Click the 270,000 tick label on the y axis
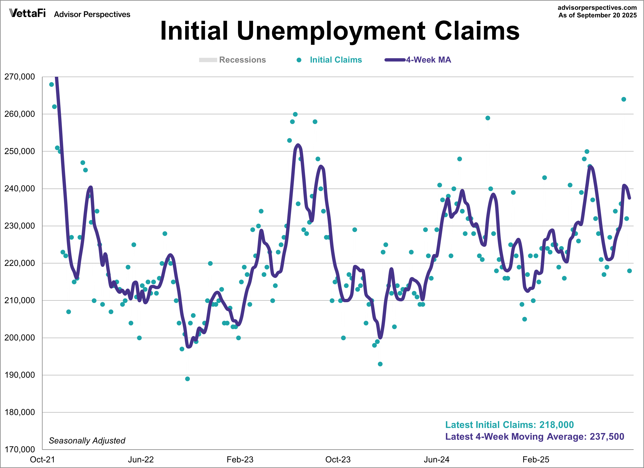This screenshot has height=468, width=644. coord(19,77)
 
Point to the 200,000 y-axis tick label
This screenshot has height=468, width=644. coord(19,338)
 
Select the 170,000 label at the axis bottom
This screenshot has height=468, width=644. coord(19,449)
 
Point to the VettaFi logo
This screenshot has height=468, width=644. coord(27,13)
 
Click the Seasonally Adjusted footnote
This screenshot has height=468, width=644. coord(87,440)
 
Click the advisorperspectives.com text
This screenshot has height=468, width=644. coord(597,8)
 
